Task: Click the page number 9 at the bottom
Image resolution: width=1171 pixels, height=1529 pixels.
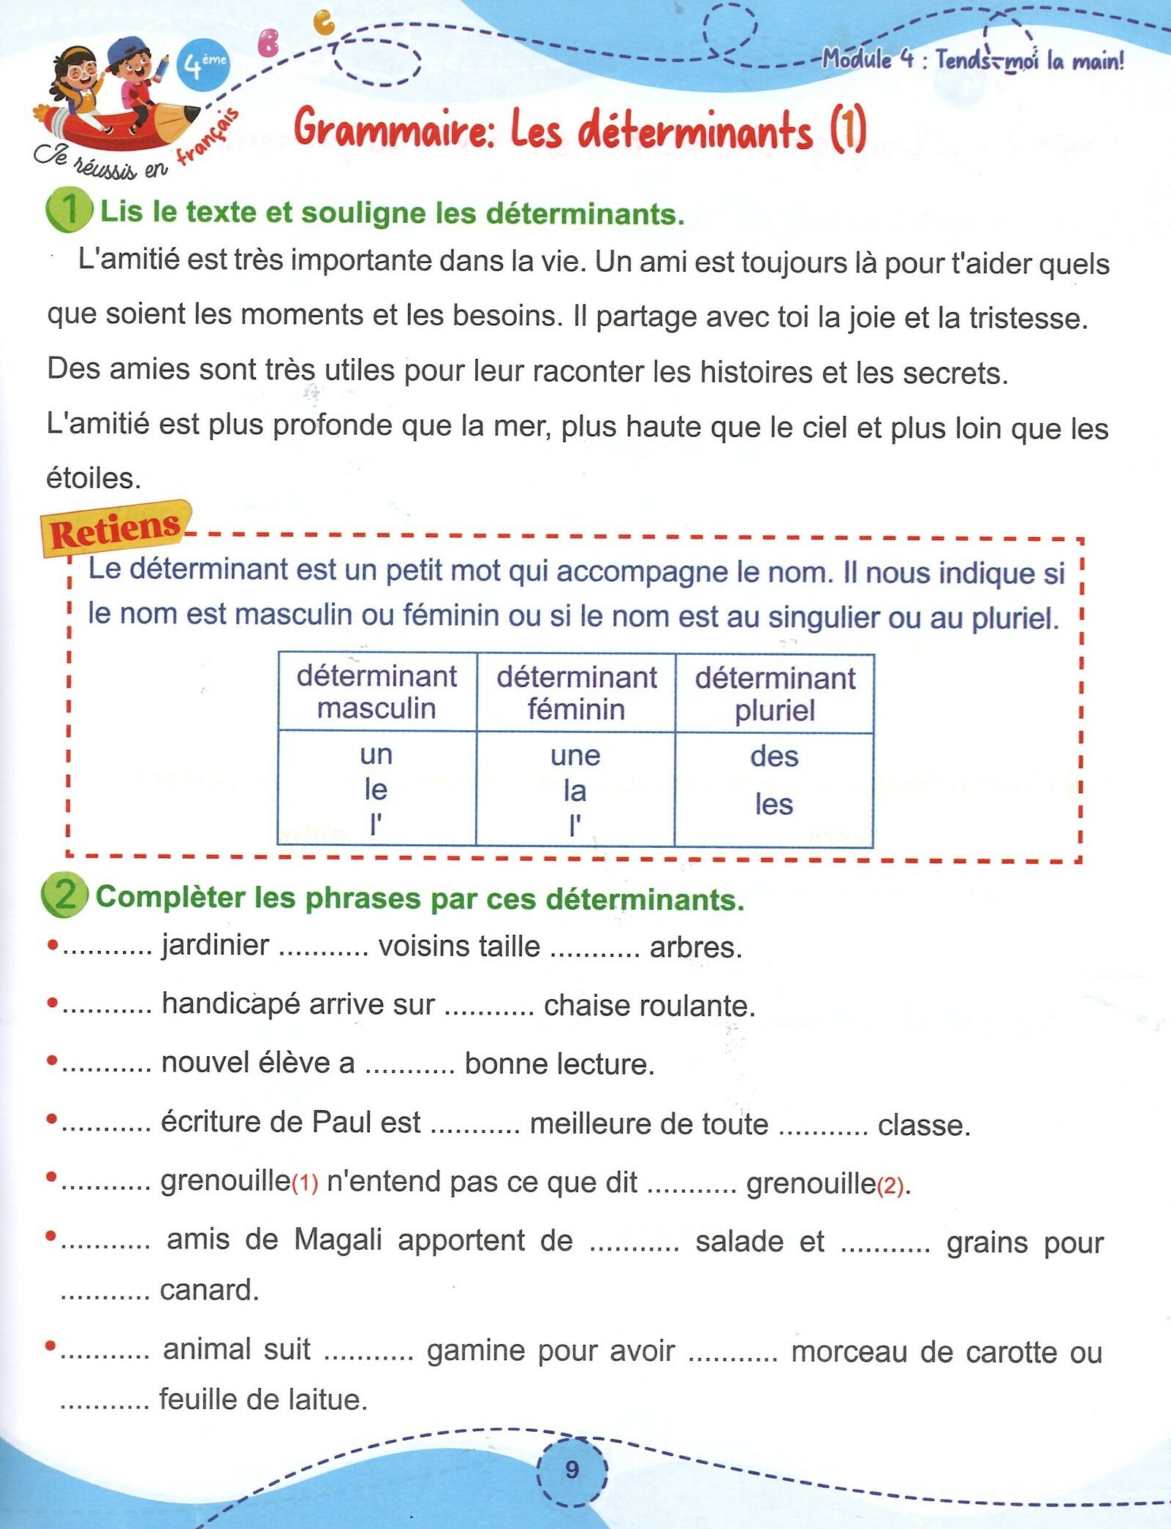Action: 572,1469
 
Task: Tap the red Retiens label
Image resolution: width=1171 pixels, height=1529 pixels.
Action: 115,528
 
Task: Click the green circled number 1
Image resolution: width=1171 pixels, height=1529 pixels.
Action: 69,210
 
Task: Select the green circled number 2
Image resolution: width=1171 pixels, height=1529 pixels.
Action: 65,896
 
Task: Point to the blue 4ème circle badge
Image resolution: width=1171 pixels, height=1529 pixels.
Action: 203,66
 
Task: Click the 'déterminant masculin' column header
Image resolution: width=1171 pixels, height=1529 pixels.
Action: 376,692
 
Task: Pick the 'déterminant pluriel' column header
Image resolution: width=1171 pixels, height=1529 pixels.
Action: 775,694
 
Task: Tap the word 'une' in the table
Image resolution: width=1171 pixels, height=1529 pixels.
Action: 575,756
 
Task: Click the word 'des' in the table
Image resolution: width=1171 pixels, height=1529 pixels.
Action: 774,756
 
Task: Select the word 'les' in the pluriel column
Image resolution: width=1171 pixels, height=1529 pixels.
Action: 774,805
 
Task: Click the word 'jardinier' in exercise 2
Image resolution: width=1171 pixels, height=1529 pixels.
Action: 216,946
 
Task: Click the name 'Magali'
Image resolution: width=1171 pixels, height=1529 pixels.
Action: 338,1240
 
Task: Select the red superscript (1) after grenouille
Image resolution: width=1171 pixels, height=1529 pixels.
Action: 305,1184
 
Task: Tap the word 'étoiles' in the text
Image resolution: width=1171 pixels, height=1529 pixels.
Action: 94,479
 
